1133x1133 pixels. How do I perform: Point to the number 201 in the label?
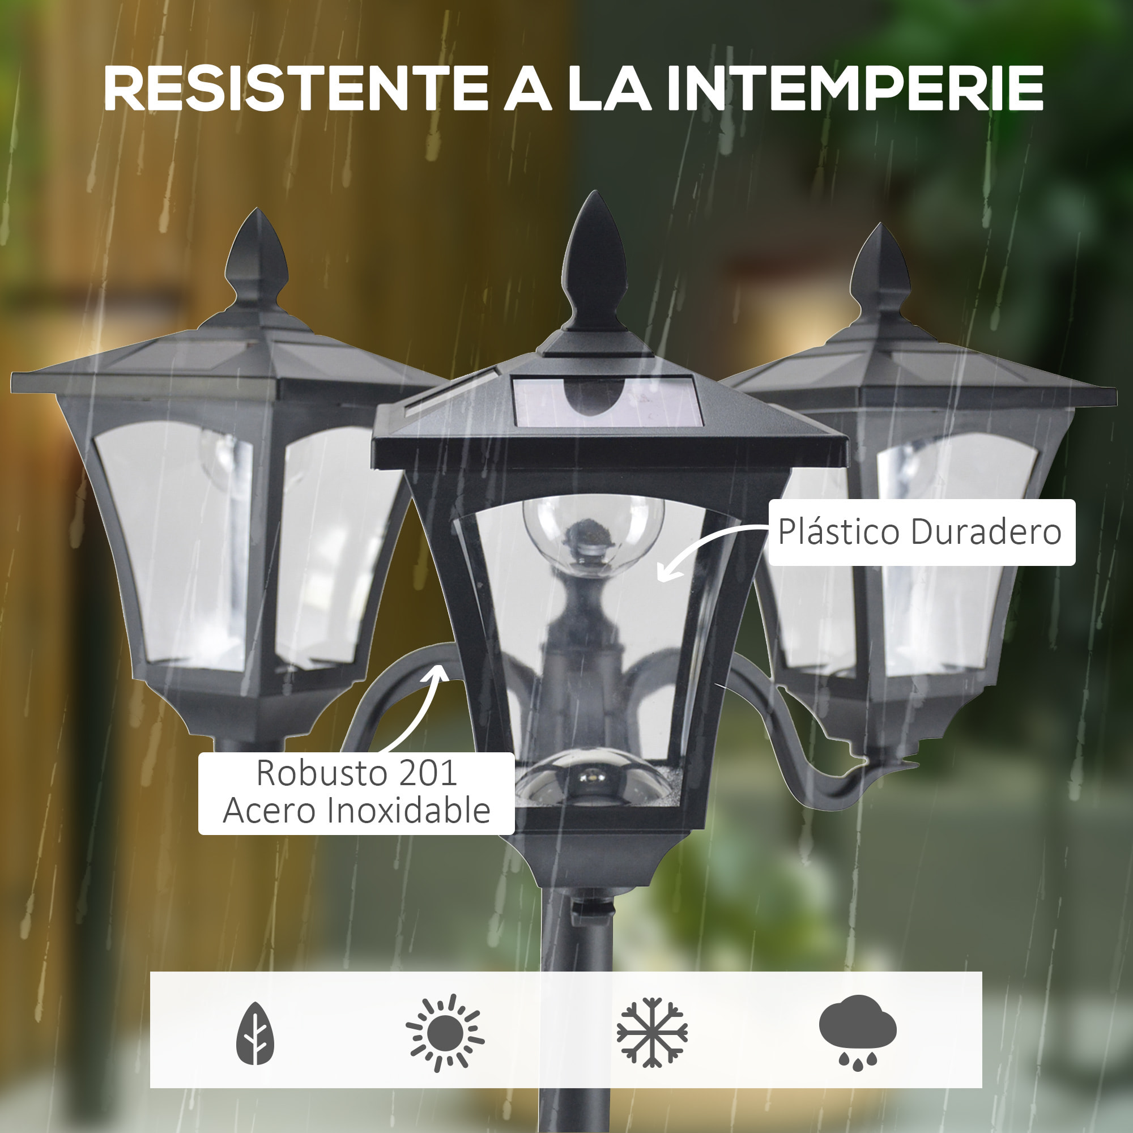[428, 773]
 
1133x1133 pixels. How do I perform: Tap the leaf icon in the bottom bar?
[255, 1033]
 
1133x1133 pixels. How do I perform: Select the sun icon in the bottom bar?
[445, 1033]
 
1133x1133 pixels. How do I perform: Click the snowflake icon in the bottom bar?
[651, 1032]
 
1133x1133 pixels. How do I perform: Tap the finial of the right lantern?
[880, 272]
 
